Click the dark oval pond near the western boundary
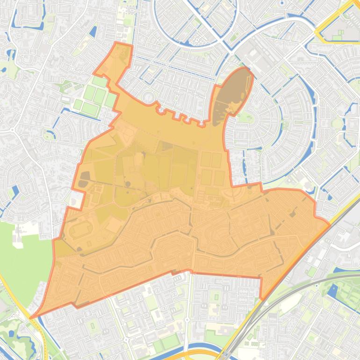click(x=85, y=176)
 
